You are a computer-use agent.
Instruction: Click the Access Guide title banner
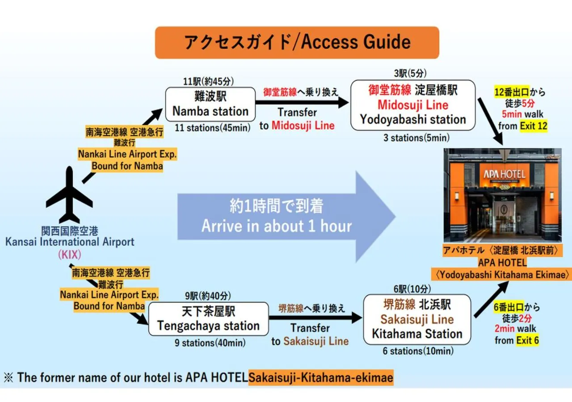point(297,42)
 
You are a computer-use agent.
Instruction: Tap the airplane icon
point(69,195)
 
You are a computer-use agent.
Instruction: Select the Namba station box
point(210,105)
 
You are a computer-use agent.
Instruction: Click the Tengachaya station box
point(208,319)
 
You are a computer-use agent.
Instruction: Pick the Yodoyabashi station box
point(413,105)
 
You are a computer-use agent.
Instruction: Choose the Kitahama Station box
point(417,319)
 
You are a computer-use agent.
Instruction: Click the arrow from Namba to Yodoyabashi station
point(303,102)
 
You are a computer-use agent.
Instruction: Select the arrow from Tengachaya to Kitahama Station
point(315,318)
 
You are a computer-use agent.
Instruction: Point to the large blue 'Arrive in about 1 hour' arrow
point(286,216)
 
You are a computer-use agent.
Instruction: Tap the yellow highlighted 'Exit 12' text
point(534,126)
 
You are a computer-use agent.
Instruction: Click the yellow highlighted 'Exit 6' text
point(527,340)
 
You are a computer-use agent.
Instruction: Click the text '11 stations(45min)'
point(212,128)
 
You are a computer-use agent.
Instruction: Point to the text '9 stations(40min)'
point(210,343)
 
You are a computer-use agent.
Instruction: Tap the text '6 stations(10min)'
point(417,351)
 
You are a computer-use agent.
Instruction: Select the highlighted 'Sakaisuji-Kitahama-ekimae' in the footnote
point(321,378)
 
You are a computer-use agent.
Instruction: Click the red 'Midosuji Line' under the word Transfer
point(303,126)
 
